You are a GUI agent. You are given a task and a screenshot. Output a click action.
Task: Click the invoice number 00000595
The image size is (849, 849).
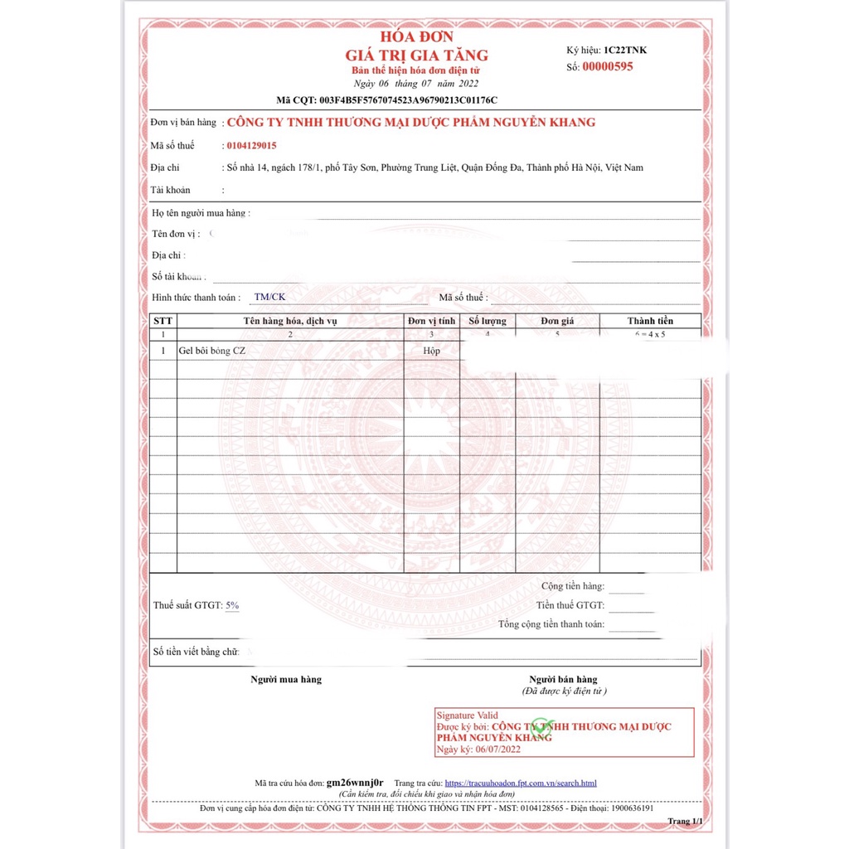point(607,66)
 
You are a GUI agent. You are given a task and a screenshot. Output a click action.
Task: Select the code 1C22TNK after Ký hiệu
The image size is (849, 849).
point(625,50)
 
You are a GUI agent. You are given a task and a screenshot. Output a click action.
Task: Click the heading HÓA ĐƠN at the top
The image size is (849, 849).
point(416,37)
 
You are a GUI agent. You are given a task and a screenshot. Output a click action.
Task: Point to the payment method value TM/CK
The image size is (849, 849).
point(269,297)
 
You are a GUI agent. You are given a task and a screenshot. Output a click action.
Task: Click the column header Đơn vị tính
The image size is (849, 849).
point(432,321)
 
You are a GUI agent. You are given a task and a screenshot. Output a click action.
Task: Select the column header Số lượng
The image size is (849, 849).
point(487,321)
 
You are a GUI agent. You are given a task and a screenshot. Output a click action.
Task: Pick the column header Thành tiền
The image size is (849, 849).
point(650,321)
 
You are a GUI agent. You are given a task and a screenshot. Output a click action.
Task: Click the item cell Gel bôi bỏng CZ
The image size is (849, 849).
point(212,351)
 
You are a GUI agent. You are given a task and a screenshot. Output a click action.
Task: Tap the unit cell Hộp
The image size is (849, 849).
point(431,351)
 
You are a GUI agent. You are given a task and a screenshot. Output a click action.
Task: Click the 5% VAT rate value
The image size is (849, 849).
point(232,605)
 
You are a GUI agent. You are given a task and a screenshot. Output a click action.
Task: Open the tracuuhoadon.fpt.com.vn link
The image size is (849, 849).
point(521,783)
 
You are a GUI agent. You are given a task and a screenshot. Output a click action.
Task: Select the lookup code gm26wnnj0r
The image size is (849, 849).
point(355,783)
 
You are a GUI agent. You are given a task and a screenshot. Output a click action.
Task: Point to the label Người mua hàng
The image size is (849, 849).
point(286,680)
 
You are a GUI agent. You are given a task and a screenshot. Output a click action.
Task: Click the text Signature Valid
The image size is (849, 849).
point(468,715)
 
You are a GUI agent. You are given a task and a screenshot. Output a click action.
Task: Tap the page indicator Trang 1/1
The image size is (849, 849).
point(686,821)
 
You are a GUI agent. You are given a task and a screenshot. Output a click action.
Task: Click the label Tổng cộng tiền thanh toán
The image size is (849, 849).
point(551,624)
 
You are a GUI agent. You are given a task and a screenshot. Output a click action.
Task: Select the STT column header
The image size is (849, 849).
point(163,321)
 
